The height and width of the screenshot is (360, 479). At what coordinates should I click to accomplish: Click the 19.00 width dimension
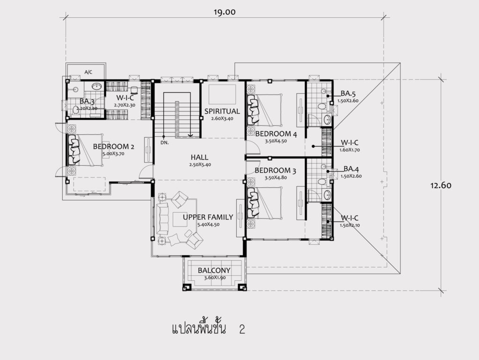225,12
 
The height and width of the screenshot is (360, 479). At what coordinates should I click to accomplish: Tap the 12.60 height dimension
441,185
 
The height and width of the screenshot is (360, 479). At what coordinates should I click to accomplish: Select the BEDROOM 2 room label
114,147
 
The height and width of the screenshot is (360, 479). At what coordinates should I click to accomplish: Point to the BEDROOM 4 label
276,134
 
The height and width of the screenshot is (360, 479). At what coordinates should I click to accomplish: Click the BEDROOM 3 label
275,170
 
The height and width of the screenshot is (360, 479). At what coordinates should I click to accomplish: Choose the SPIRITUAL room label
222,111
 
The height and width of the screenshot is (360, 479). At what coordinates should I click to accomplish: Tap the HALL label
199,157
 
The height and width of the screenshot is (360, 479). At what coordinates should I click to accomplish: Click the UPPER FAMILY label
208,217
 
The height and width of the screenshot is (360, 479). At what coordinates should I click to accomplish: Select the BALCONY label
214,271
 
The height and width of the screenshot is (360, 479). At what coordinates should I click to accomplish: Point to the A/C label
88,73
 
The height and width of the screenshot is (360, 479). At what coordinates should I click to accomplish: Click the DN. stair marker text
165,143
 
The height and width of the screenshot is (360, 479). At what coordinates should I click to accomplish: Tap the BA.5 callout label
348,94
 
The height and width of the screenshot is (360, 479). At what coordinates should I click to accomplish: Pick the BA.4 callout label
351,169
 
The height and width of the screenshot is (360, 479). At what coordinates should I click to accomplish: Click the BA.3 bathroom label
87,101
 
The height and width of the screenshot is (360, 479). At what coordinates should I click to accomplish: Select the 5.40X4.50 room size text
208,225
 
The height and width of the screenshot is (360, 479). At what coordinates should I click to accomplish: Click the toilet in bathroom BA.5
321,107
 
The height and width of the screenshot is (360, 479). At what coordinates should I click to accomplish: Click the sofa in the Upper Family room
162,218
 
